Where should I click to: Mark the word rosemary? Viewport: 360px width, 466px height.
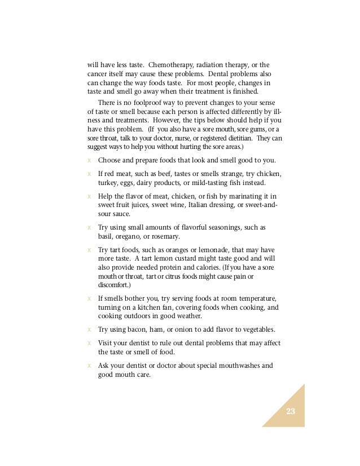coord(166,236)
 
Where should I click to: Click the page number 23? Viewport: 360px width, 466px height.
coord(291,411)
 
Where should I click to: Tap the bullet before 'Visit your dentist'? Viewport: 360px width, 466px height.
coord(89,343)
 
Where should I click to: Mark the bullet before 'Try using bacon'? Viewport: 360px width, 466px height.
coord(89,329)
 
